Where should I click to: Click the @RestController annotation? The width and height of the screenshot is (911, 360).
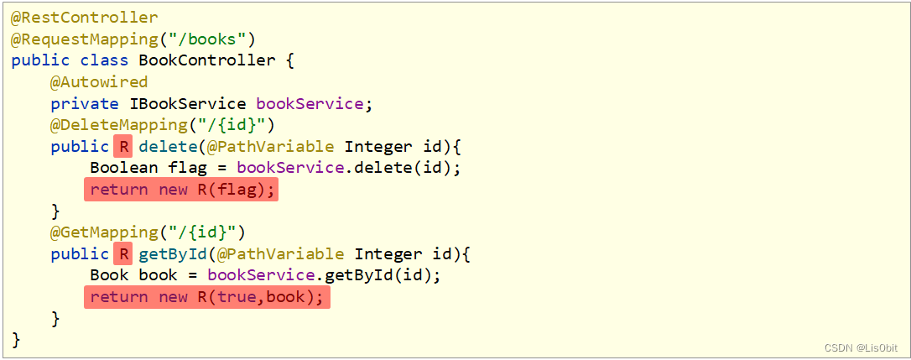[x=84, y=17]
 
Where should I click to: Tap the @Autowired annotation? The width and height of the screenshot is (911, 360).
[x=99, y=82]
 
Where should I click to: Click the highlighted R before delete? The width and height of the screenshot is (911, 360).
[x=123, y=147]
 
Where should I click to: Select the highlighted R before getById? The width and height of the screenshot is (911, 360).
[x=123, y=254]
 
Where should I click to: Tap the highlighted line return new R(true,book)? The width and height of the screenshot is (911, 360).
[x=206, y=298]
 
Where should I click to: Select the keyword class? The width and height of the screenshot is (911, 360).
[x=104, y=60]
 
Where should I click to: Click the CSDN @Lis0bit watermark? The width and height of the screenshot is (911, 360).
[x=861, y=347]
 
